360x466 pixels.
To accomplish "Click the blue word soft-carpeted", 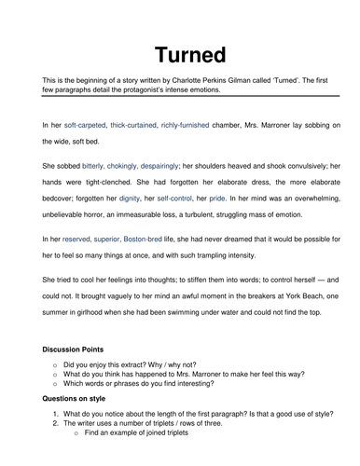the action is [x=88, y=125].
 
